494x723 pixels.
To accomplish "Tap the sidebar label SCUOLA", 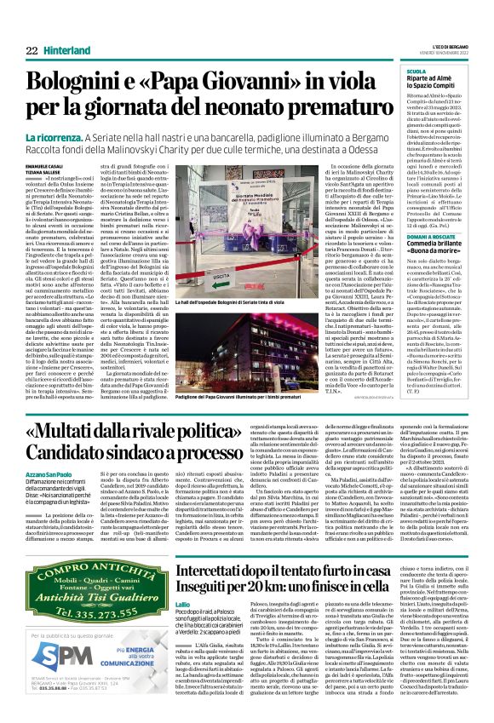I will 416,72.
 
